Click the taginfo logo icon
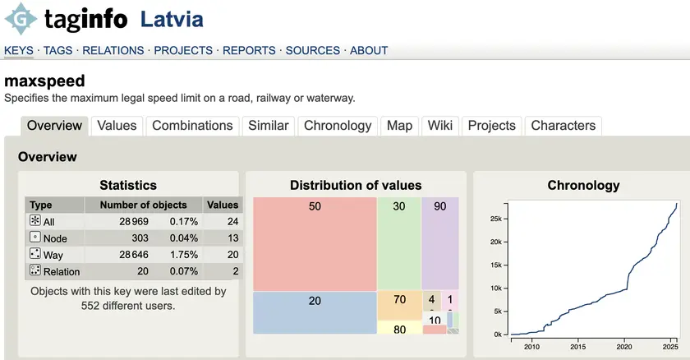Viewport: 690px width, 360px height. [x=20, y=19]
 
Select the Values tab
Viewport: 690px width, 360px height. [x=117, y=126]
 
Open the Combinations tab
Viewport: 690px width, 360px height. [x=192, y=126]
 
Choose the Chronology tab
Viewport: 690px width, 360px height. [x=338, y=126]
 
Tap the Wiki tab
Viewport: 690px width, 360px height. [x=439, y=126]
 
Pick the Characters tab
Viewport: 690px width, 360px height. [x=563, y=126]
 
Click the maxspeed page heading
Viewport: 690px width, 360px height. [x=44, y=81]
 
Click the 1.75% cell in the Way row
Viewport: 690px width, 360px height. [x=184, y=255]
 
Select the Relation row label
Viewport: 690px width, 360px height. [x=62, y=272]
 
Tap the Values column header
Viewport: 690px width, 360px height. [x=223, y=205]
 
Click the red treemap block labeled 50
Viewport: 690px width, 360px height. [x=315, y=244]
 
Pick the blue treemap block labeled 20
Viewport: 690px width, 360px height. [x=315, y=312]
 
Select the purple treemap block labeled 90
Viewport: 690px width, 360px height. [x=440, y=243]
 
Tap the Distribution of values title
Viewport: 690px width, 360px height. [x=356, y=185]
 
